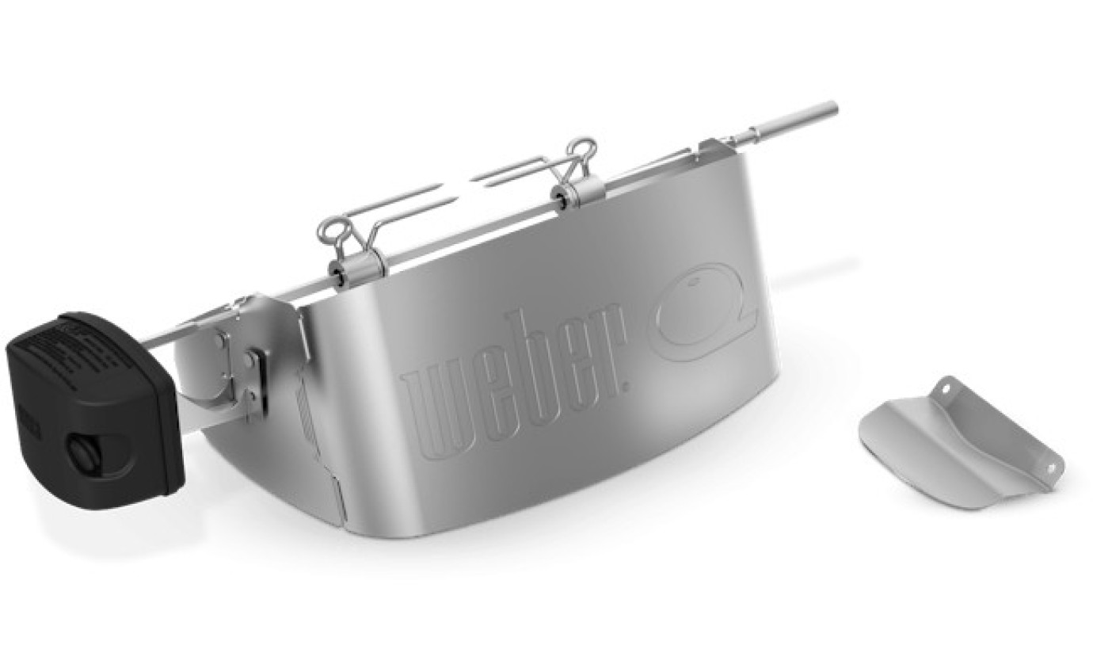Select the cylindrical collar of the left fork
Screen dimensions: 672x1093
[x=367, y=265]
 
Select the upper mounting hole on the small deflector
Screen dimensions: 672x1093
[x=947, y=388]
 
